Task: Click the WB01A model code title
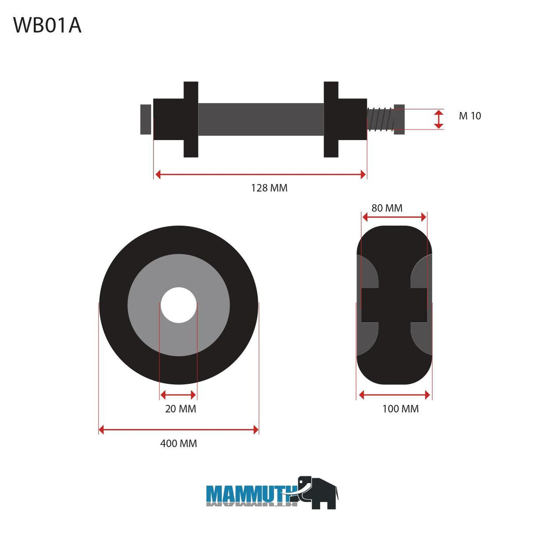(x=47, y=25)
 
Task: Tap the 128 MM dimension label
(x=269, y=188)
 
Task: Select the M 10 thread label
(x=470, y=116)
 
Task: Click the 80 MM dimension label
(x=387, y=208)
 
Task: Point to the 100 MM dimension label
(x=400, y=409)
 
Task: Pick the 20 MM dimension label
(x=180, y=409)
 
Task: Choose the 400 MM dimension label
(x=179, y=444)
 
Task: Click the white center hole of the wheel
(x=179, y=305)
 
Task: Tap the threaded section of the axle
(x=380, y=119)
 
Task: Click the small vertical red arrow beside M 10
(x=439, y=119)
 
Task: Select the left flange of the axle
(x=191, y=119)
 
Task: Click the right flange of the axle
(x=331, y=119)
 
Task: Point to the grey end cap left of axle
(x=145, y=119)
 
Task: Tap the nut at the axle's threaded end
(x=399, y=119)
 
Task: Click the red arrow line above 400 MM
(x=179, y=430)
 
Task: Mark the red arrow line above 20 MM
(x=178, y=395)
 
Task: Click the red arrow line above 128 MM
(x=260, y=174)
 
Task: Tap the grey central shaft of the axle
(x=260, y=119)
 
